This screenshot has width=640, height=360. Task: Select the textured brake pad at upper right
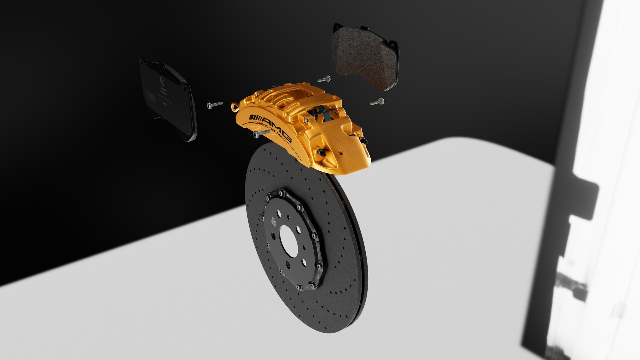point(365,57)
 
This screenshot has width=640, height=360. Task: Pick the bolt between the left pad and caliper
point(213,105)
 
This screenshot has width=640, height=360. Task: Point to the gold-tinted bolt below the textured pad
point(377,101)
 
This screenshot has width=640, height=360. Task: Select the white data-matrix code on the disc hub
point(274,222)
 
